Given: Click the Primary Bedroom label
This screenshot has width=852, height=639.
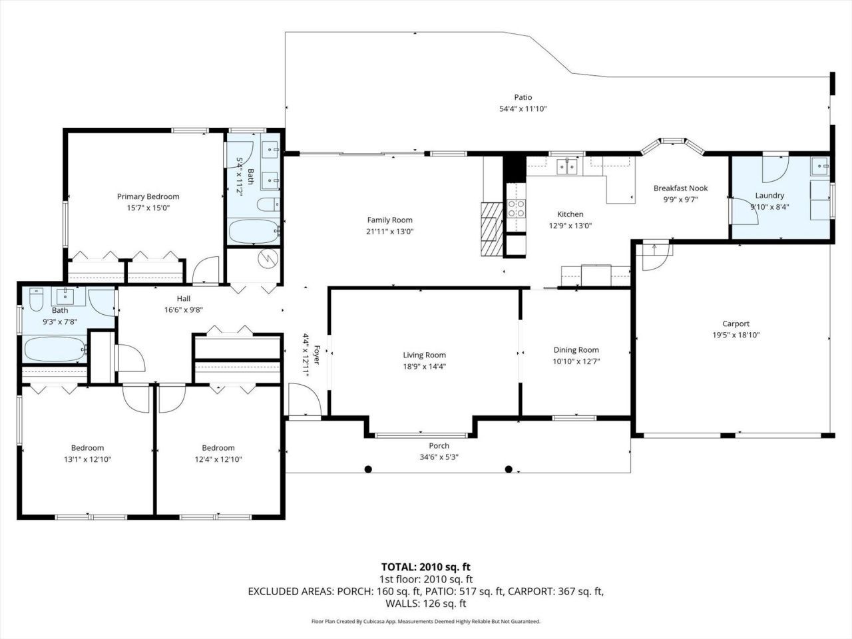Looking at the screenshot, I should (148, 196).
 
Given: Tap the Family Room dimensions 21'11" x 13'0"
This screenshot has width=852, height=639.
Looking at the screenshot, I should (389, 232).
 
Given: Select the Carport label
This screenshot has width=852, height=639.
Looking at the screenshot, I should (736, 323).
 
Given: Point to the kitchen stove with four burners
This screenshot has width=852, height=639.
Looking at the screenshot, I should (516, 209).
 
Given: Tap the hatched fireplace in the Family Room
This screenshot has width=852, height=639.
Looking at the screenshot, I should (490, 228).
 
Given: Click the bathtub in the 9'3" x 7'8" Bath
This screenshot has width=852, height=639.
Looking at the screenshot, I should (55, 348).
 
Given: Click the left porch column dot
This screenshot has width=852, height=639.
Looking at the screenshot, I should (367, 469).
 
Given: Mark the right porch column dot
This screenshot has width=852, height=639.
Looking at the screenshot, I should (509, 469).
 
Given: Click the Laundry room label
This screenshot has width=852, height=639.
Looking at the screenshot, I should (769, 196).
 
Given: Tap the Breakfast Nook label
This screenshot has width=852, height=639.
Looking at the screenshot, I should (680, 188).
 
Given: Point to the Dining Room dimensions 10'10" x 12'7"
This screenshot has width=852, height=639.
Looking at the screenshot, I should (576, 361).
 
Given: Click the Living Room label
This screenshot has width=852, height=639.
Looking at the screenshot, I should (424, 355).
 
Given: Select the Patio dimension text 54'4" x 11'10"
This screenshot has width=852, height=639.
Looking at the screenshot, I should (523, 109).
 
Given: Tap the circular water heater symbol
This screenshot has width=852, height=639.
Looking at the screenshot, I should (268, 257).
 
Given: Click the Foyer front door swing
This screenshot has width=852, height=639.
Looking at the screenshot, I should (306, 401).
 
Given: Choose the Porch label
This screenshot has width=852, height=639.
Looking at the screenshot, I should (439, 445).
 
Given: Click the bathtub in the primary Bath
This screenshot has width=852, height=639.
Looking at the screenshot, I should (253, 233).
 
